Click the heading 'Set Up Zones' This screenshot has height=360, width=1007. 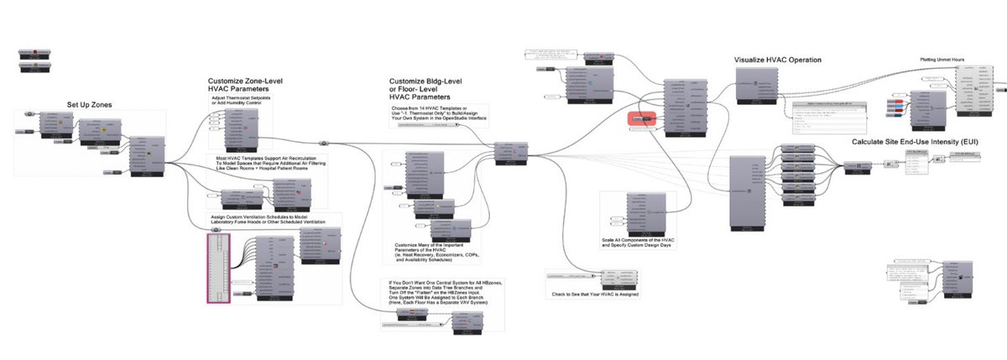point(90,104)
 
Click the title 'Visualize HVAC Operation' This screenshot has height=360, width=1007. point(777,60)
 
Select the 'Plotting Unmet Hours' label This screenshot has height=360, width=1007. point(940,60)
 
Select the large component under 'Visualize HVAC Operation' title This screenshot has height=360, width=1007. point(759,86)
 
